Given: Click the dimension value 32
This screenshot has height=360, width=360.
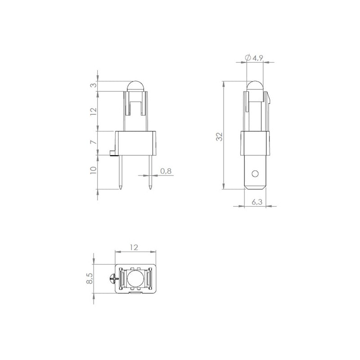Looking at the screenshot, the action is coord(220,137).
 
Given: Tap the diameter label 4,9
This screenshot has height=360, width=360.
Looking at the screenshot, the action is coord(257,58).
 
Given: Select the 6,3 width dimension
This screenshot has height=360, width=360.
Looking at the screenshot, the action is coord(257,202).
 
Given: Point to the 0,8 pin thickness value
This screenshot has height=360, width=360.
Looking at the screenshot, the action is coord(166,171).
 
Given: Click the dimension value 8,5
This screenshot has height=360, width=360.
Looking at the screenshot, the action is coord(90,278).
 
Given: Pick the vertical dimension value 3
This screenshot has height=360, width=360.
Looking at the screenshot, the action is coord(94,85).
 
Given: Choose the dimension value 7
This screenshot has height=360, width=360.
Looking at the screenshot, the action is coord(94,142).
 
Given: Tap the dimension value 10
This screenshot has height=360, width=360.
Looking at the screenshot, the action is coord(94,170).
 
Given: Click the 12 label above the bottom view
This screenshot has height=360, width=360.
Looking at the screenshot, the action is coord(134,247).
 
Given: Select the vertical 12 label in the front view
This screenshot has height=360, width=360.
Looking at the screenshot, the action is coord(94,112).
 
